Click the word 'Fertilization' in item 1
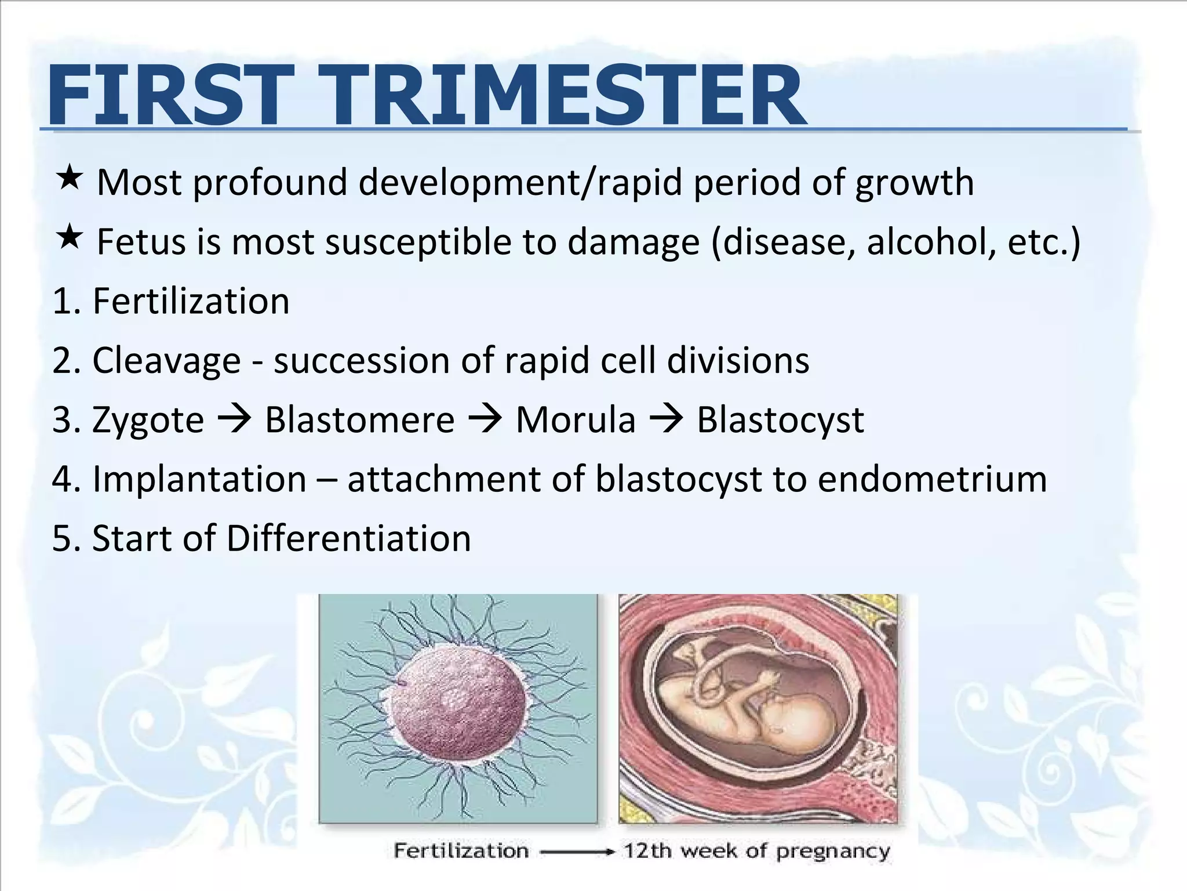click(x=191, y=301)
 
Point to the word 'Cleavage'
click(x=166, y=361)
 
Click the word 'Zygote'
click(x=148, y=421)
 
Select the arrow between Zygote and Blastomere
click(x=234, y=419)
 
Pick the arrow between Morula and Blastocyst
click(x=666, y=419)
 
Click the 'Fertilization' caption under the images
click(x=461, y=851)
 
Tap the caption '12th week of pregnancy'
click(x=756, y=851)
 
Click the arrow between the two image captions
click(x=576, y=852)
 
